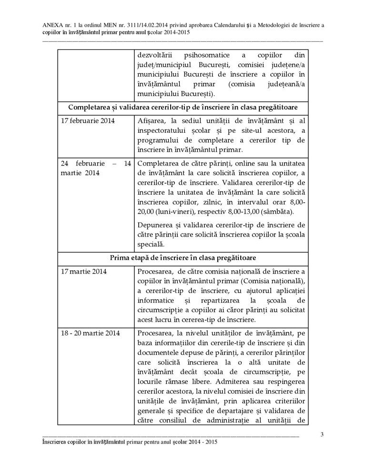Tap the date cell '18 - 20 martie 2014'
coord(91,332)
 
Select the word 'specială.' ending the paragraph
coord(151,245)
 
